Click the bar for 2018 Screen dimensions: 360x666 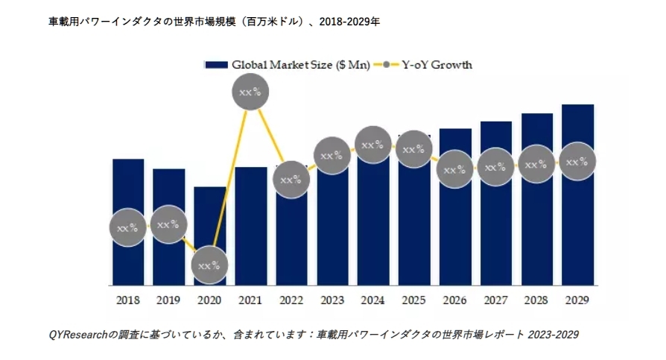click(x=128, y=186)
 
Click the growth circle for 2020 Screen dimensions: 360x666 click(x=209, y=264)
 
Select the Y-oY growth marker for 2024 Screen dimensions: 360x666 click(x=372, y=145)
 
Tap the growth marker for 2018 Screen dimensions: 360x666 click(x=128, y=227)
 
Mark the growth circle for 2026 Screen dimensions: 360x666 click(x=454, y=169)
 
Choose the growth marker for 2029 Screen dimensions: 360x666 click(x=577, y=162)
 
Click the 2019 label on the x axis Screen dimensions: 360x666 click(x=168, y=300)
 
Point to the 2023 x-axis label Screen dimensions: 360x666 click(x=332, y=300)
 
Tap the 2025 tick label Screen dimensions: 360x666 click(x=413, y=300)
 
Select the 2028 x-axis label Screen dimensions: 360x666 click(x=536, y=300)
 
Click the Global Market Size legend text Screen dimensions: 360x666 click(x=300, y=65)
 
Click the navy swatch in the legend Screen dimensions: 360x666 click(x=215, y=65)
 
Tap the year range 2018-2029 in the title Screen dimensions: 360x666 click(x=345, y=22)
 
